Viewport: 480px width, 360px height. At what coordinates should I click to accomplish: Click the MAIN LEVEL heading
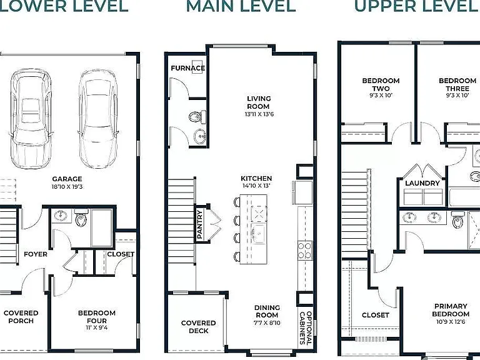[241, 6]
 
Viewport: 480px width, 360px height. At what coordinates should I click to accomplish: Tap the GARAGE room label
[67, 179]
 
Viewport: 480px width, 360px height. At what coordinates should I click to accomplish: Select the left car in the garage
[31, 119]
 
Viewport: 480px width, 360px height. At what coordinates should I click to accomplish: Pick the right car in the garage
[98, 119]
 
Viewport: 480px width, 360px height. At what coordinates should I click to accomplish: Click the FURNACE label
[188, 68]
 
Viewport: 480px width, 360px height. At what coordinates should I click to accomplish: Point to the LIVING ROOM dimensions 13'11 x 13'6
[259, 114]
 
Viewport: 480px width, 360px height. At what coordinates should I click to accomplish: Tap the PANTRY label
[199, 224]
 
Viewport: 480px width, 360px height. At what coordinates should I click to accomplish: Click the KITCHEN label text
[256, 178]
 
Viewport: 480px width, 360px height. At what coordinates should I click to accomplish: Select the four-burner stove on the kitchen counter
[305, 251]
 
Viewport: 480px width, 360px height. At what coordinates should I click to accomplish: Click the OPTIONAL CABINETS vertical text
[306, 328]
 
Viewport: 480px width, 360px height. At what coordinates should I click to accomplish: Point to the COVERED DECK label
[198, 327]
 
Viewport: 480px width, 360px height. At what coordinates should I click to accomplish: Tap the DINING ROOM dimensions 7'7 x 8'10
[267, 322]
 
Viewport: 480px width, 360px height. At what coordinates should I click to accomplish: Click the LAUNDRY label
[422, 183]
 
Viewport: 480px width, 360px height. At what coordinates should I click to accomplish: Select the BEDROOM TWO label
[381, 84]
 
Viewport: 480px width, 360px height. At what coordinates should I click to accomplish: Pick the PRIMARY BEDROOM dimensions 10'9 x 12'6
[451, 322]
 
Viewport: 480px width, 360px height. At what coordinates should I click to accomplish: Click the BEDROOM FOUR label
[97, 316]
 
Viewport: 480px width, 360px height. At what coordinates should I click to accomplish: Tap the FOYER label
[36, 254]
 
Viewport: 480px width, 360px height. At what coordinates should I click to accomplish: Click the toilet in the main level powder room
[197, 117]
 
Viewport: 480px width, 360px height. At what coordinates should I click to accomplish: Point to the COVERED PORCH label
[21, 316]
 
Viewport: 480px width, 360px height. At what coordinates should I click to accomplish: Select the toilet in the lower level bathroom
[81, 218]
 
